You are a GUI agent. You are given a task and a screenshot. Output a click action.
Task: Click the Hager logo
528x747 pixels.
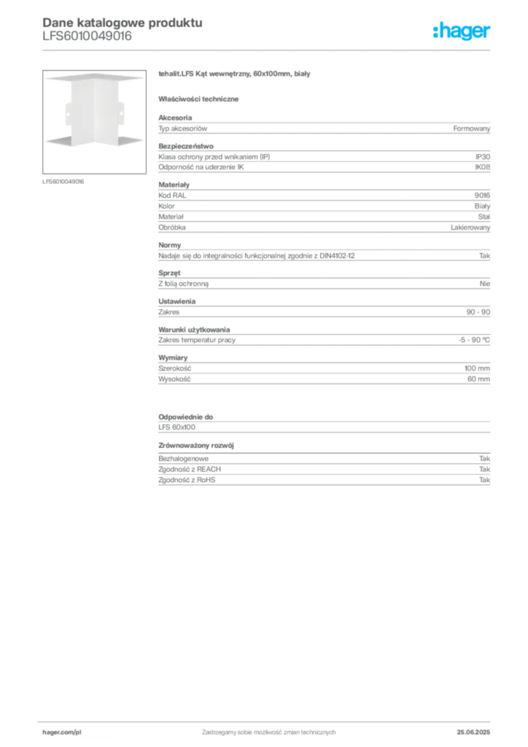pos(462,31)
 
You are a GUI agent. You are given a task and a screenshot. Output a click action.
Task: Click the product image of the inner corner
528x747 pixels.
pos(94,122)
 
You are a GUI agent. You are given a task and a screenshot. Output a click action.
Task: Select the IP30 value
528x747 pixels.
pos(482,157)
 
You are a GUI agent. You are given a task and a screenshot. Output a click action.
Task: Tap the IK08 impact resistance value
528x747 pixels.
pos(482,167)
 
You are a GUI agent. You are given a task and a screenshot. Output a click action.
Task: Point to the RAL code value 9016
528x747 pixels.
pos(482,196)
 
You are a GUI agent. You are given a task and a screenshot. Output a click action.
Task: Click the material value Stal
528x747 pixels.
pos(484,217)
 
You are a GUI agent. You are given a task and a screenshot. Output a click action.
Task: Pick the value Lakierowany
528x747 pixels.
pos(470,228)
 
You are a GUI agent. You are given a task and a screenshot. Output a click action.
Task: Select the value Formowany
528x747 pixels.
pos(471,128)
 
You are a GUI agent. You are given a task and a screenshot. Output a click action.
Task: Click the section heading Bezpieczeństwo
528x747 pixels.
pos(186,146)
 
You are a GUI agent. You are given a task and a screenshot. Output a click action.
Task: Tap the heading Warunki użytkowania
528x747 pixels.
pos(194,330)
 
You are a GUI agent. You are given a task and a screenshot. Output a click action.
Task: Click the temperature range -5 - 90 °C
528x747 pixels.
pos(474,340)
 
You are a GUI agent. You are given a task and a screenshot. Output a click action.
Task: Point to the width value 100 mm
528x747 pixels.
pos(477,368)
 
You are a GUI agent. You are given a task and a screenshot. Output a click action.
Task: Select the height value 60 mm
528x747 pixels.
pos(478,379)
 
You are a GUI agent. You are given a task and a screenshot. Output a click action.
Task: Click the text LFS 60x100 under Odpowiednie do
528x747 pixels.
pos(176,427)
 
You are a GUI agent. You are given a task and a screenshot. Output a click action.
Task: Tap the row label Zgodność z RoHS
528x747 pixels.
pos(187,480)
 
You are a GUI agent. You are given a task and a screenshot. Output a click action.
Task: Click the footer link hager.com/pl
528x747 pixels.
pos(62,732)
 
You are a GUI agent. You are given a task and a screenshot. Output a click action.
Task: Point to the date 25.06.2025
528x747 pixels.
pos(473,732)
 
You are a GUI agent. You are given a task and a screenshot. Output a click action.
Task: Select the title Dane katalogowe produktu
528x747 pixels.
pos(123,23)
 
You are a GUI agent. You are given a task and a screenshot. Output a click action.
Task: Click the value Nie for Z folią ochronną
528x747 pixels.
pos(485,284)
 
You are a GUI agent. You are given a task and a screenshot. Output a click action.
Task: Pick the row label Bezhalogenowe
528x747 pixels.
pos(183,459)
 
